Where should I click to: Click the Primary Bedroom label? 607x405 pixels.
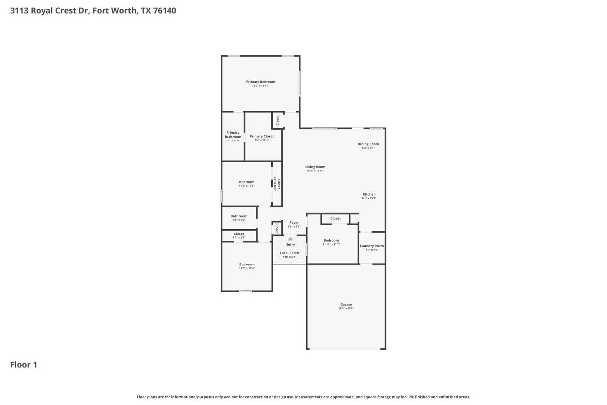tap(260, 82)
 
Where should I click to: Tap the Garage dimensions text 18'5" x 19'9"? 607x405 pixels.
tap(346, 309)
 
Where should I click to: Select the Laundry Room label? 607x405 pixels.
tap(372, 246)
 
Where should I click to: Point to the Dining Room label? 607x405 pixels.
tap(368, 144)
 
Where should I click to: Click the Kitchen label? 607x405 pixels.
tap(369, 194)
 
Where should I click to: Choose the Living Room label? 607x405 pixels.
tap(315, 167)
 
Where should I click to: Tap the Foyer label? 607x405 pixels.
tap(294, 223)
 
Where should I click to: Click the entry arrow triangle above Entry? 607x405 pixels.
tap(290, 239)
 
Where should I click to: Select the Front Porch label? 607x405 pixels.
tap(289, 253)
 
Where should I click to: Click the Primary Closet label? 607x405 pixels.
tap(261, 136)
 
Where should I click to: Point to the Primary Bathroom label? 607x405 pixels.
tap(233, 135)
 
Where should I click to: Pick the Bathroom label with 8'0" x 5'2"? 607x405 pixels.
tap(239, 216)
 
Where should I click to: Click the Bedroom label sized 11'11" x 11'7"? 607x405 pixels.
tap(331, 240)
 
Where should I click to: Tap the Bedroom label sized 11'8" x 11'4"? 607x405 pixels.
tap(247, 265)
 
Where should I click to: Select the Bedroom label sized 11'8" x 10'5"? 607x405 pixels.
tap(247, 182)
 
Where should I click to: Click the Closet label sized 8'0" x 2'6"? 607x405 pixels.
tap(239, 234)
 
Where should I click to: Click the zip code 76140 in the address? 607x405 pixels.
tap(164, 11)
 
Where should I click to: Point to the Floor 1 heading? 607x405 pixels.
tap(24, 365)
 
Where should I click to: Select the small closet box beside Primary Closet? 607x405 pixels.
tap(277, 120)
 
